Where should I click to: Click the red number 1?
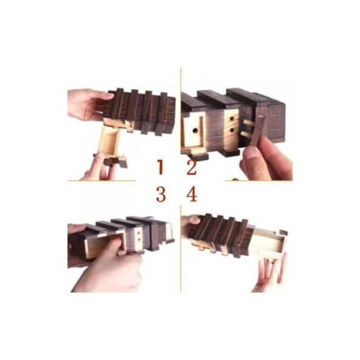160,167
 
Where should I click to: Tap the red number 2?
192,168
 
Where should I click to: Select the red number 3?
161,194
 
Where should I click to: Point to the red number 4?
192,194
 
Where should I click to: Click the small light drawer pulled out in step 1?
111,143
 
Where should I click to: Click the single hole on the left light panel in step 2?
195,131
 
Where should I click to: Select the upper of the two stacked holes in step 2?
232,119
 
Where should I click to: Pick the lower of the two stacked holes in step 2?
232,130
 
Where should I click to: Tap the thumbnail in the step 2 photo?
253,153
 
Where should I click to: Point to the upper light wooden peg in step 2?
248,123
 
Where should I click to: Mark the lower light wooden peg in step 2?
247,134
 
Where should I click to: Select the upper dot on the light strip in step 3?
139,233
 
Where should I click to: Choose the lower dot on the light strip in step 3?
138,240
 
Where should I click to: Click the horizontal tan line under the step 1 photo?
102,181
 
